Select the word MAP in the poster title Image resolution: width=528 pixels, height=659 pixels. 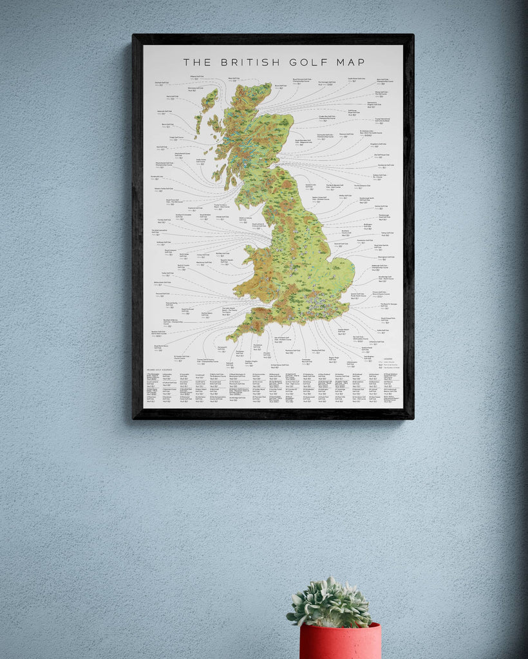point(350,62)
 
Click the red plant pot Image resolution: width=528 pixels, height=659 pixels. point(340,641)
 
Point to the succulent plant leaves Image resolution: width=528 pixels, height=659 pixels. point(330,602)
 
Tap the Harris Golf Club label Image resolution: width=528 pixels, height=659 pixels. point(173,98)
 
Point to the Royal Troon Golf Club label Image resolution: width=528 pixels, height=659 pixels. point(171,201)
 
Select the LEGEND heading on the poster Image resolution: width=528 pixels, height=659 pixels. point(387,359)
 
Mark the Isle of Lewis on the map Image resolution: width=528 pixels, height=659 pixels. point(209,100)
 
